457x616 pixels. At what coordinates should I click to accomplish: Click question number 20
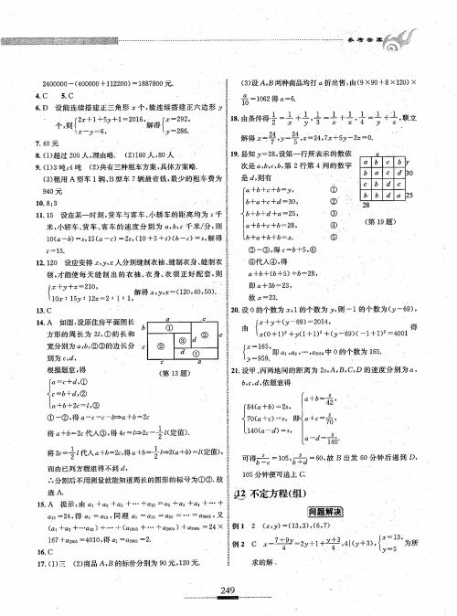click(x=235, y=310)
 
